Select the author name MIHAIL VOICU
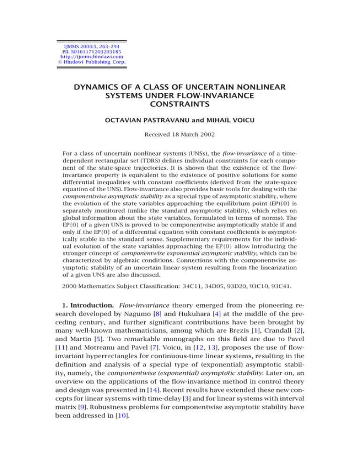click(232, 122)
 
